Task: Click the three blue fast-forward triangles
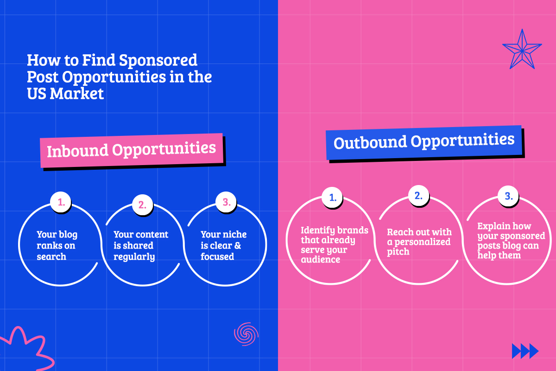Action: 525,351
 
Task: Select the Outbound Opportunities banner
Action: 424,141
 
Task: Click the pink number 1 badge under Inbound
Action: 60,203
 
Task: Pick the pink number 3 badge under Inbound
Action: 226,202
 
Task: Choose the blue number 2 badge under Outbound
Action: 418,195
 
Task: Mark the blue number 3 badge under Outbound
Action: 508,196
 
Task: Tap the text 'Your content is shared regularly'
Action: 141,245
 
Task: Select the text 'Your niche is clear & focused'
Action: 223,245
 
